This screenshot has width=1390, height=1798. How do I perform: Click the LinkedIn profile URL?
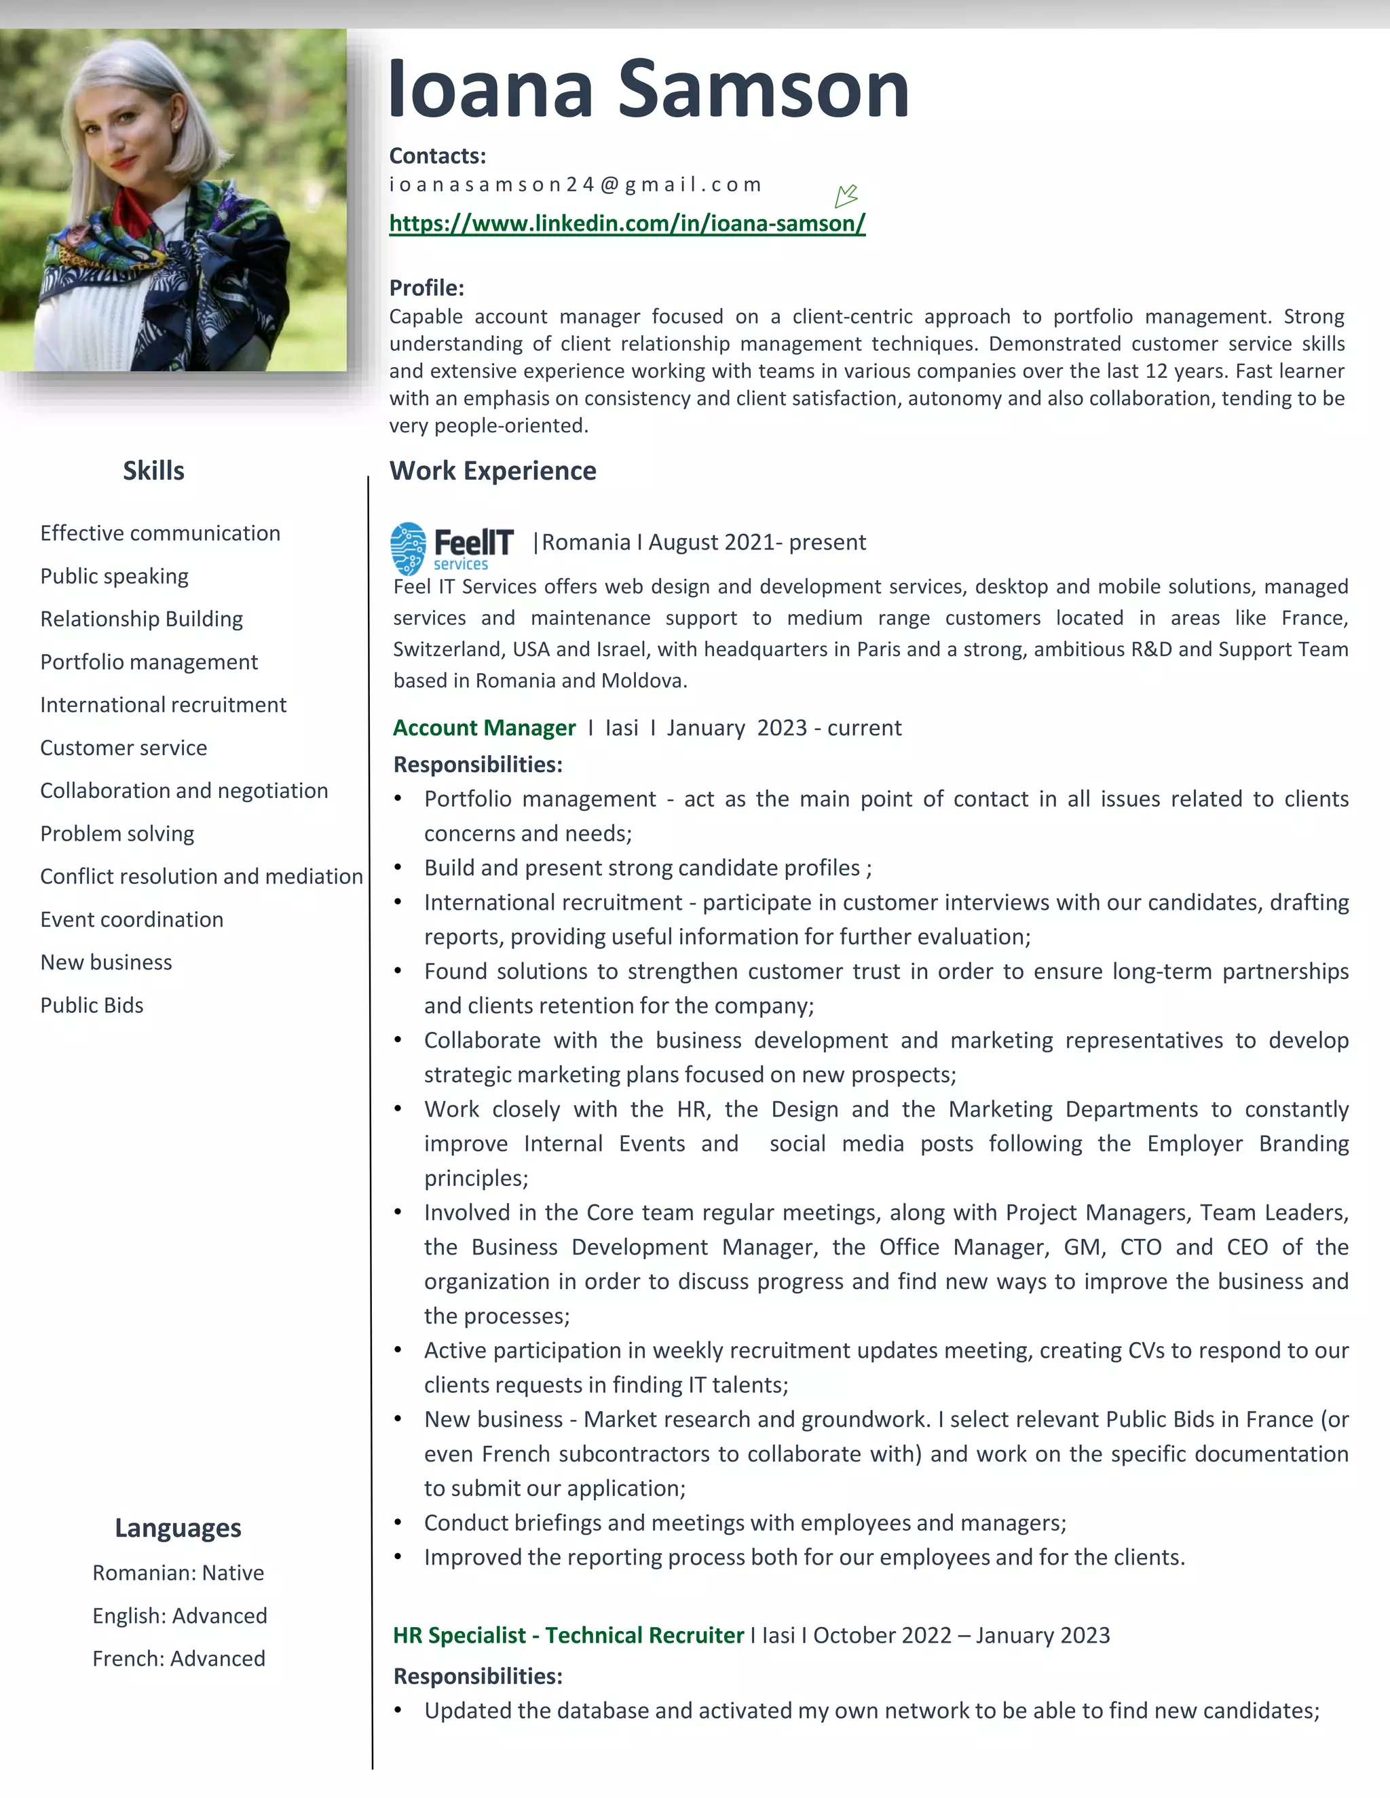(x=626, y=223)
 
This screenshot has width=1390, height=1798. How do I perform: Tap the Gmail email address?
(x=575, y=185)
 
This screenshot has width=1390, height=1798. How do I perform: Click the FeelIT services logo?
(x=451, y=548)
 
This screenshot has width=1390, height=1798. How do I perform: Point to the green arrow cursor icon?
(x=846, y=196)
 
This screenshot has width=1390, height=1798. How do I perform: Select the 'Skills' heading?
(x=153, y=471)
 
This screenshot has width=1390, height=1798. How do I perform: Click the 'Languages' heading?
(x=178, y=1528)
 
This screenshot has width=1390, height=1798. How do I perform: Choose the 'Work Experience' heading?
(x=493, y=471)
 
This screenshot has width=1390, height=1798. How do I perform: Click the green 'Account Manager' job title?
(x=484, y=728)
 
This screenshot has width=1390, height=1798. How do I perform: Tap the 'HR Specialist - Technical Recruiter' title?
(x=568, y=1635)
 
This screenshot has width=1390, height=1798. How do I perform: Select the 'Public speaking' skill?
(x=115, y=576)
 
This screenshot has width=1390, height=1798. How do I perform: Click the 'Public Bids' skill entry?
(x=92, y=1006)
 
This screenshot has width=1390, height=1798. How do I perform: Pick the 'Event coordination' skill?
(x=132, y=919)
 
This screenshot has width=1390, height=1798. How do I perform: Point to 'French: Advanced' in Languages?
(x=179, y=1658)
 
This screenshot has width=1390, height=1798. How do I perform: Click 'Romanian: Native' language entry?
(x=178, y=1573)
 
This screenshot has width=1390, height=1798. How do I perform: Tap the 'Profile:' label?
(x=426, y=288)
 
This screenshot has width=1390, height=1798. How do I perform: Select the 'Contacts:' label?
(x=437, y=155)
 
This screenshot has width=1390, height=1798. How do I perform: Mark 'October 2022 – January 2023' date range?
(x=961, y=1635)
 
